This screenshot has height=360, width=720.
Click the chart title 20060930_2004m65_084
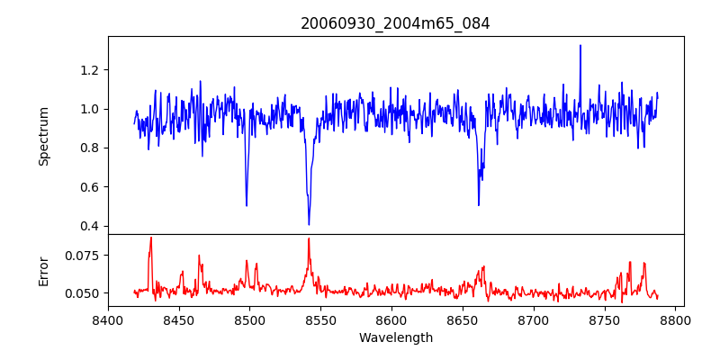point(395,24)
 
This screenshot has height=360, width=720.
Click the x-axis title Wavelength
point(395,338)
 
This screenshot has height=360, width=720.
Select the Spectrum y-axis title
point(43,135)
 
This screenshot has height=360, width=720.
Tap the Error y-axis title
point(43,271)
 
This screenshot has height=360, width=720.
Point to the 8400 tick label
point(108,319)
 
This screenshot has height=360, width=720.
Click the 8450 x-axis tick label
point(179,319)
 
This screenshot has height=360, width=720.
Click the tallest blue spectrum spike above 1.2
point(580,45)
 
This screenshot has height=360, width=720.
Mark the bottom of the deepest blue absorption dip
point(309,224)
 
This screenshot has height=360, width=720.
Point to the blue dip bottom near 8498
point(247,205)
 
